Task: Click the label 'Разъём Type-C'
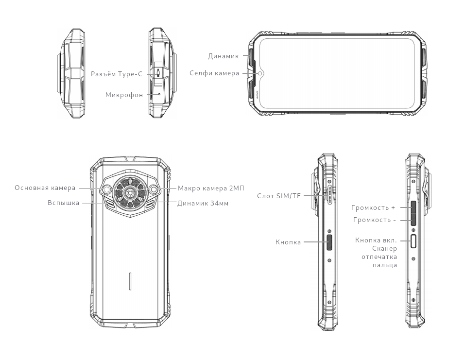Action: (118, 74)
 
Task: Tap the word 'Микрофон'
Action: (124, 95)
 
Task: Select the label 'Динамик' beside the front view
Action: (224, 56)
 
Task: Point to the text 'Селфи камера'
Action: (214, 73)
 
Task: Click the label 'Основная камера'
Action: (45, 188)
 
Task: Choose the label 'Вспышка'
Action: (63, 203)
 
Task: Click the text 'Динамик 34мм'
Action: (203, 203)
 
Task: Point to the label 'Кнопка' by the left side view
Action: (289, 241)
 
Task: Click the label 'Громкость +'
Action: (373, 207)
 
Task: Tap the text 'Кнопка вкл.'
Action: (376, 240)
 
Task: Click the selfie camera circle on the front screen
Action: (261, 73)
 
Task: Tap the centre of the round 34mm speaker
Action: (130, 193)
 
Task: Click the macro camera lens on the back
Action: (154, 189)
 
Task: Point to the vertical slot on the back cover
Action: (130, 281)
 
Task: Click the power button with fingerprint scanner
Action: (414, 240)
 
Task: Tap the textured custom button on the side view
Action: (329, 241)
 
